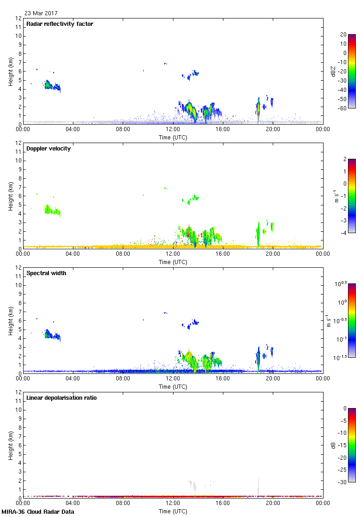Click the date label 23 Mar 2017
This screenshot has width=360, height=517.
41,13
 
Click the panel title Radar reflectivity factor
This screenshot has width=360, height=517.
60,24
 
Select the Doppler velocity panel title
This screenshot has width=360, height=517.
48,149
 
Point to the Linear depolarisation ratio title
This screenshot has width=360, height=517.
61,398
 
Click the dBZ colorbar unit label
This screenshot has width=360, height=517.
333,71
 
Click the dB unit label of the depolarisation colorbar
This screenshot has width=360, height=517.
333,445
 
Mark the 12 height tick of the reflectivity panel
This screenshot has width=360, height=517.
19,18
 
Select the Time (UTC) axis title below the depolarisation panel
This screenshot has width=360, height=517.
173,511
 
